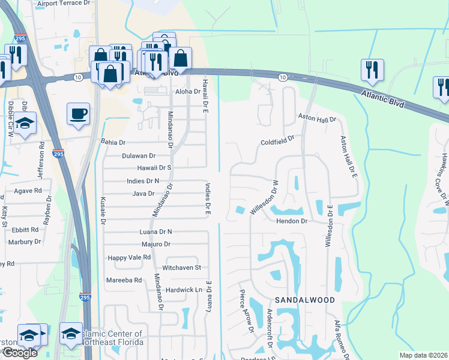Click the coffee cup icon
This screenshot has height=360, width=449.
[78, 115]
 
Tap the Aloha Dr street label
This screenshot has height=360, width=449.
[187, 91]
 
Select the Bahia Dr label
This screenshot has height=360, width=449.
[113, 143]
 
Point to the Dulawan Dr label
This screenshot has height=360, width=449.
[139, 155]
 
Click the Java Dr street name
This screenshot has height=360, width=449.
[143, 194]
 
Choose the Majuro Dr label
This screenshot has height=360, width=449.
[156, 244]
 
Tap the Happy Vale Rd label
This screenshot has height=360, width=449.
[129, 257]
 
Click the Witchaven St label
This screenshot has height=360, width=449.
[181, 268]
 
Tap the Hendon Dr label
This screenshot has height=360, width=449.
[292, 221]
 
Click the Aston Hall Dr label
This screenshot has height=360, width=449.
[318, 120]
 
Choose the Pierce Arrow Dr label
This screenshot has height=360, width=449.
[246, 310]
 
